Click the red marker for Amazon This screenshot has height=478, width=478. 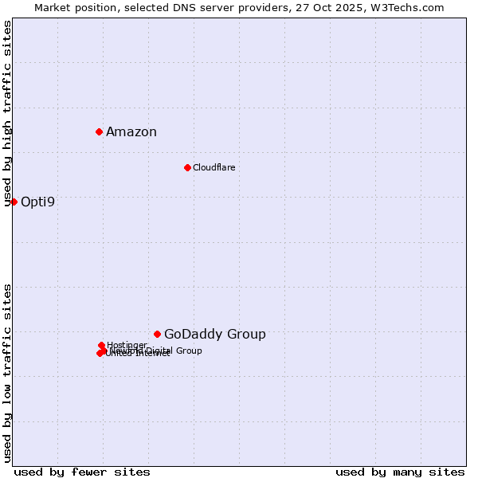(x=99, y=131)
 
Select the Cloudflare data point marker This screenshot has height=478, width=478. (x=187, y=167)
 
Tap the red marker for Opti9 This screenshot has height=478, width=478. (x=14, y=202)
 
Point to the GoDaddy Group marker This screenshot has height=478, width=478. (x=157, y=334)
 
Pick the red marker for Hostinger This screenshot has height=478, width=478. (x=101, y=345)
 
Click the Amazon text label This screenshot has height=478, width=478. (x=131, y=132)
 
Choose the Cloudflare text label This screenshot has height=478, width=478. (x=214, y=167)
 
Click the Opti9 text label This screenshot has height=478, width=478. (x=37, y=202)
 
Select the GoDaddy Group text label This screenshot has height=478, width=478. (x=214, y=335)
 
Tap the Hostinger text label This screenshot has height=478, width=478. (x=127, y=345)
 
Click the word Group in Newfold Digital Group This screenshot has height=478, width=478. (x=188, y=351)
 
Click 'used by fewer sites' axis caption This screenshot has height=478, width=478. (x=82, y=472)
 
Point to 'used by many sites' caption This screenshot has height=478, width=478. (x=400, y=472)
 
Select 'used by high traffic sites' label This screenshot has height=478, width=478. (x=8, y=114)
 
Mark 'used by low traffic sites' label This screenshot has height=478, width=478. (x=8, y=373)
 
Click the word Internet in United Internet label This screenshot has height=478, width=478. (x=152, y=354)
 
